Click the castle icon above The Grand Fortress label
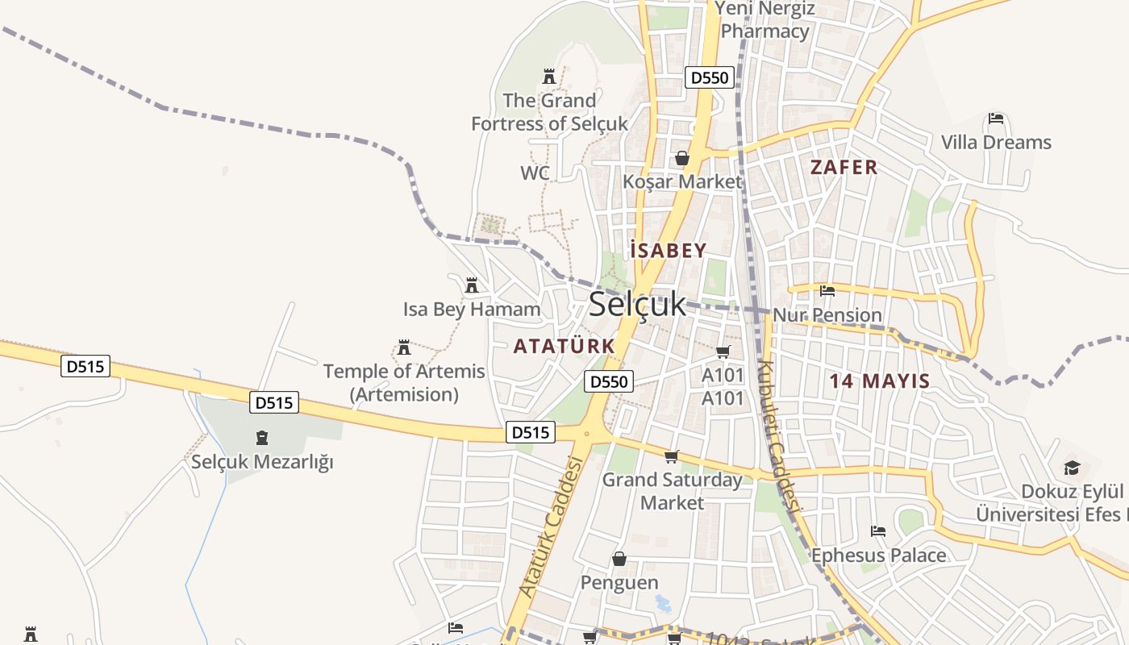click(x=549, y=77)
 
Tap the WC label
click(x=535, y=173)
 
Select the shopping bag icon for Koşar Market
click(x=682, y=158)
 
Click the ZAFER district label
click(x=844, y=168)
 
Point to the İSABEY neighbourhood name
click(x=669, y=251)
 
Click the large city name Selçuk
click(x=637, y=304)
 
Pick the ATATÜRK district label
click(x=564, y=346)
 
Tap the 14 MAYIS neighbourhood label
click(x=880, y=381)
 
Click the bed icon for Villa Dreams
click(x=996, y=119)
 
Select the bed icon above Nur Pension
click(x=827, y=291)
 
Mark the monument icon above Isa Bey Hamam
click(x=472, y=285)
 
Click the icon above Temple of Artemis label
click(x=404, y=347)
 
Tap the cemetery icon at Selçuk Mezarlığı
click(x=261, y=439)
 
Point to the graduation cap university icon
click(x=1072, y=468)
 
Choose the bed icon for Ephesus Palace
click(x=878, y=531)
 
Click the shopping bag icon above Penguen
click(x=619, y=559)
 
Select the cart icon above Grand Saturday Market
click(x=672, y=457)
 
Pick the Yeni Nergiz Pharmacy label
click(x=765, y=20)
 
